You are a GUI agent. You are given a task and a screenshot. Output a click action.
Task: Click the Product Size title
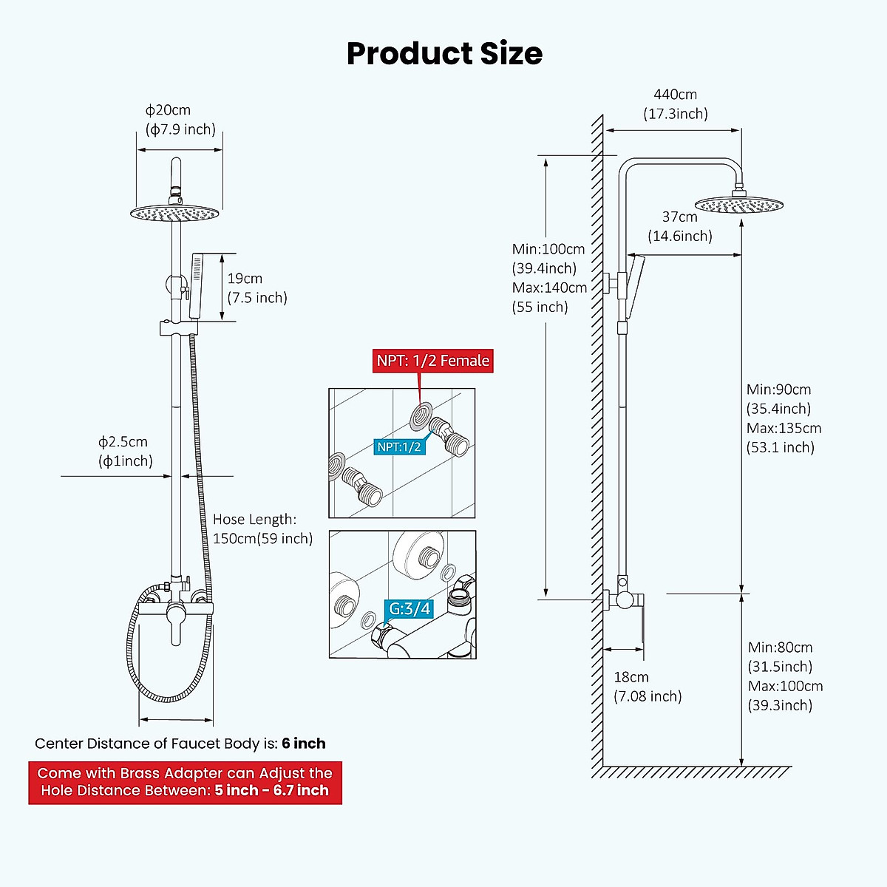444,54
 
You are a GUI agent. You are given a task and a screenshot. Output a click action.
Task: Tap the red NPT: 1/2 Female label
432,361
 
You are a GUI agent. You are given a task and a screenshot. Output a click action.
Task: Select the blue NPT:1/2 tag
398,446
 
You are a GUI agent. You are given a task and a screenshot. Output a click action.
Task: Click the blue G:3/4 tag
409,608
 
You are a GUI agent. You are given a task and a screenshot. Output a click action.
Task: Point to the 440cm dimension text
675,95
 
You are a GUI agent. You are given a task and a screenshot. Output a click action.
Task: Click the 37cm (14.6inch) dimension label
679,226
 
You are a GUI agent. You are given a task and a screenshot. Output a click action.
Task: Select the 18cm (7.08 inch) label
647,687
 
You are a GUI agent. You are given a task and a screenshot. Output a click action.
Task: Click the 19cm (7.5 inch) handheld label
256,288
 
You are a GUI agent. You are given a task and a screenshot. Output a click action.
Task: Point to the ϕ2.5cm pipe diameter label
125,452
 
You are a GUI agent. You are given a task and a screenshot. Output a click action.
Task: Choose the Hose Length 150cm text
262,529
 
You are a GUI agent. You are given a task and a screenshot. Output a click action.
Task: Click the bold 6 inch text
303,744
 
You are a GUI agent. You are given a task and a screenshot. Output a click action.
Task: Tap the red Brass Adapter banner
185,783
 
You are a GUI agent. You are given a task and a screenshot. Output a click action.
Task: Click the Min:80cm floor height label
784,676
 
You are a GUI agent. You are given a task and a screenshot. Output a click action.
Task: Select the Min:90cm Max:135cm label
783,418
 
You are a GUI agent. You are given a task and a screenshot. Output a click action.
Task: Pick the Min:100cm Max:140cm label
549,278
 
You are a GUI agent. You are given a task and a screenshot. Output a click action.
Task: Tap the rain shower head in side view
738,205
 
